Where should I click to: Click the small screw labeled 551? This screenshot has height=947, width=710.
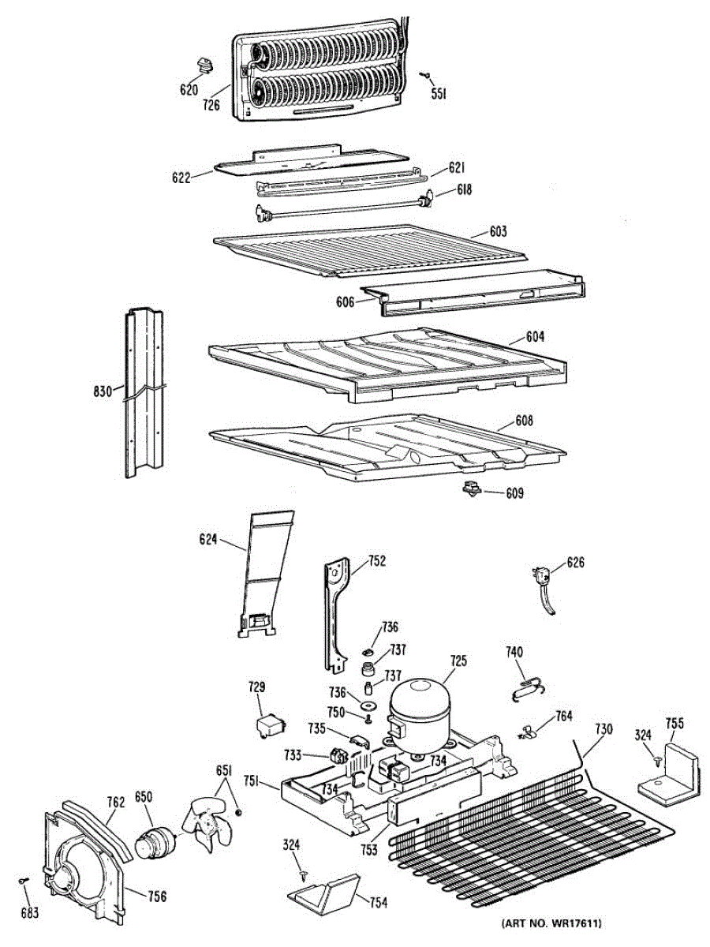coord(424,75)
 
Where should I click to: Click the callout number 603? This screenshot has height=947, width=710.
coord(497,232)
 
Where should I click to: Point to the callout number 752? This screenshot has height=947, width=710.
coord(377,561)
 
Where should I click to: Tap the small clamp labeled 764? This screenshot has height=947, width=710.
coord(528,733)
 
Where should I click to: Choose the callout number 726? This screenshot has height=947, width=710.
coord(210,104)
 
